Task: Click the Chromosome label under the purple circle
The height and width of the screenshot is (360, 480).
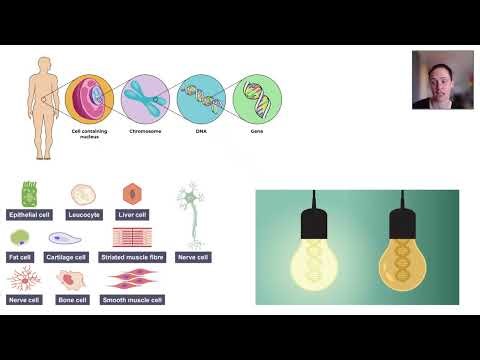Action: [x=145, y=131]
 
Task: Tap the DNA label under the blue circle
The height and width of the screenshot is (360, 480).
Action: [x=200, y=131]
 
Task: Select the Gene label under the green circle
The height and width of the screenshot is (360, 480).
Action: [x=256, y=131]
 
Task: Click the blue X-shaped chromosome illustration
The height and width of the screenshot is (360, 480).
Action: [x=144, y=99]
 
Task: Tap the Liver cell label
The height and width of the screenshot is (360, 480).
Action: [x=132, y=214]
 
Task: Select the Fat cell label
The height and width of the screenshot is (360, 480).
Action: [x=21, y=256]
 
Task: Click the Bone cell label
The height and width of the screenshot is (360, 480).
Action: [x=73, y=298]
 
